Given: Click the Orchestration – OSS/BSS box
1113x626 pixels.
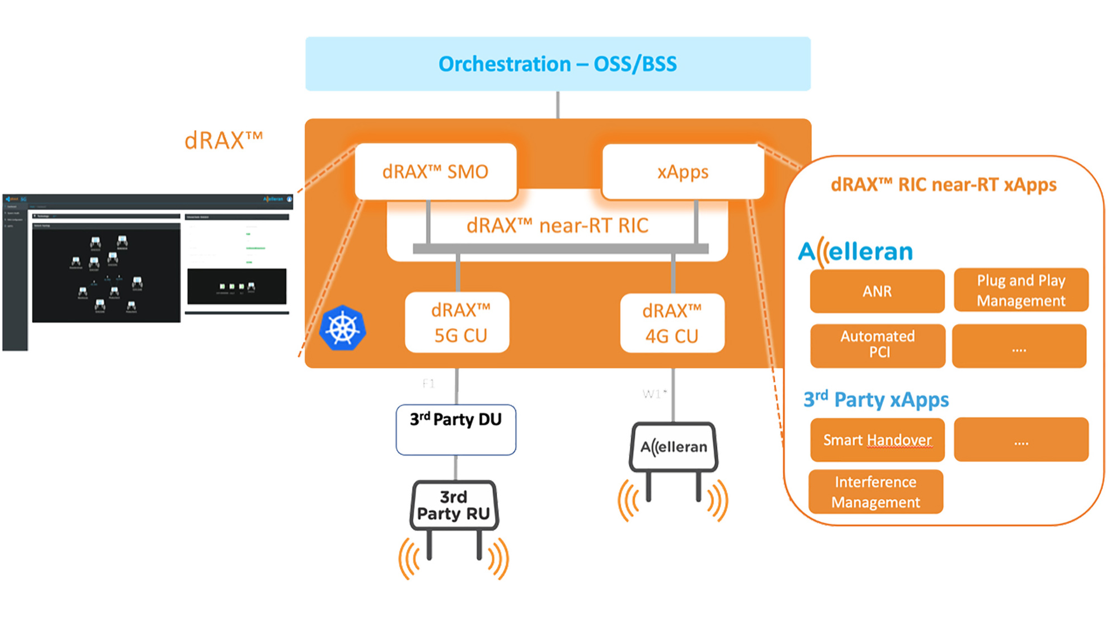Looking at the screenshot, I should point(558,64).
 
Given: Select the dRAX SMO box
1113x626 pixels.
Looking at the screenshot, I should point(435,172).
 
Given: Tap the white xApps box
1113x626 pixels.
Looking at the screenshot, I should point(683,172).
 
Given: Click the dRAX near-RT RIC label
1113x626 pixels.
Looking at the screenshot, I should point(557,225).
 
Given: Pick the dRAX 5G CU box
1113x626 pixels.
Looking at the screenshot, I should point(457,322).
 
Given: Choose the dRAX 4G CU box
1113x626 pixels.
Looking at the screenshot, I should point(672,323).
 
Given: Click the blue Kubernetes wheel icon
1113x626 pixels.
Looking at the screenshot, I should point(343,328).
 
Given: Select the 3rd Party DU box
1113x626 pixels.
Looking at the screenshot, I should point(456,429).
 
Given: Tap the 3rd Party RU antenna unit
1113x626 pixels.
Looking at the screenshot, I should point(454,505).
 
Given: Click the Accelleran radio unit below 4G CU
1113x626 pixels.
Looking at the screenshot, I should point(674,447).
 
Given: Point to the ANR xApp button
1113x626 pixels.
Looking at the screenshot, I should point(877,291).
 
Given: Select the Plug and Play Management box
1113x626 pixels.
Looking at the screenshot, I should point(1021,290).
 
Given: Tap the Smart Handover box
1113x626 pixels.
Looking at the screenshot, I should point(877,440).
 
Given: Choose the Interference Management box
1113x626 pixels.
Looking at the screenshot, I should point(875,492).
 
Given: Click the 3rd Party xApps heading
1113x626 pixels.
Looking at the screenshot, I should point(876,399).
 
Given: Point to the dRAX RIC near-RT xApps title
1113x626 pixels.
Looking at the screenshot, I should point(943,184).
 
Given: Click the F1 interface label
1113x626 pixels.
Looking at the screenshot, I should point(428,383).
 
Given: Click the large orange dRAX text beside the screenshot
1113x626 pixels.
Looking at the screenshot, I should point(223,141).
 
